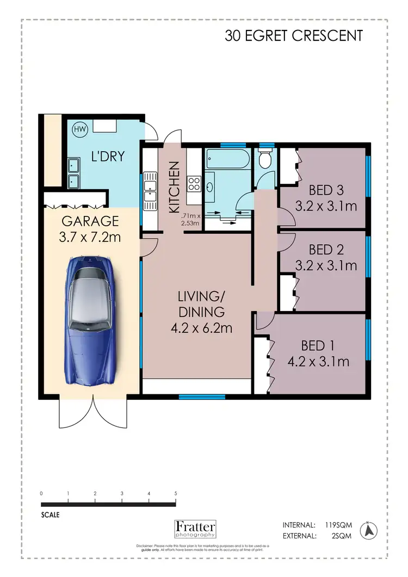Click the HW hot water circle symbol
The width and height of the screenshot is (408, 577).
79,130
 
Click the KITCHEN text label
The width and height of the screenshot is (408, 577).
174,187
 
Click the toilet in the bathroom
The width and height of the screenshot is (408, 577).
265,159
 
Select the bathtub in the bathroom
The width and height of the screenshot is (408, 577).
227,159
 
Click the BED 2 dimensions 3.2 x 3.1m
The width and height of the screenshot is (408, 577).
326,265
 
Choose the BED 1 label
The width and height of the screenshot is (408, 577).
318,345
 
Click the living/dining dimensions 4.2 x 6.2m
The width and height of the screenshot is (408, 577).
201,328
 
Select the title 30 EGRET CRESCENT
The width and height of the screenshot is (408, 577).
294,36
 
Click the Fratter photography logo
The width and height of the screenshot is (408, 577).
195,529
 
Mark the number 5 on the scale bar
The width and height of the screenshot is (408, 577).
176,493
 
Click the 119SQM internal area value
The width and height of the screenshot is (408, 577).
338,525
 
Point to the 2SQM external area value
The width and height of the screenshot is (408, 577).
341,536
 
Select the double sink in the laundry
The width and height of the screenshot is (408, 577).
72,173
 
